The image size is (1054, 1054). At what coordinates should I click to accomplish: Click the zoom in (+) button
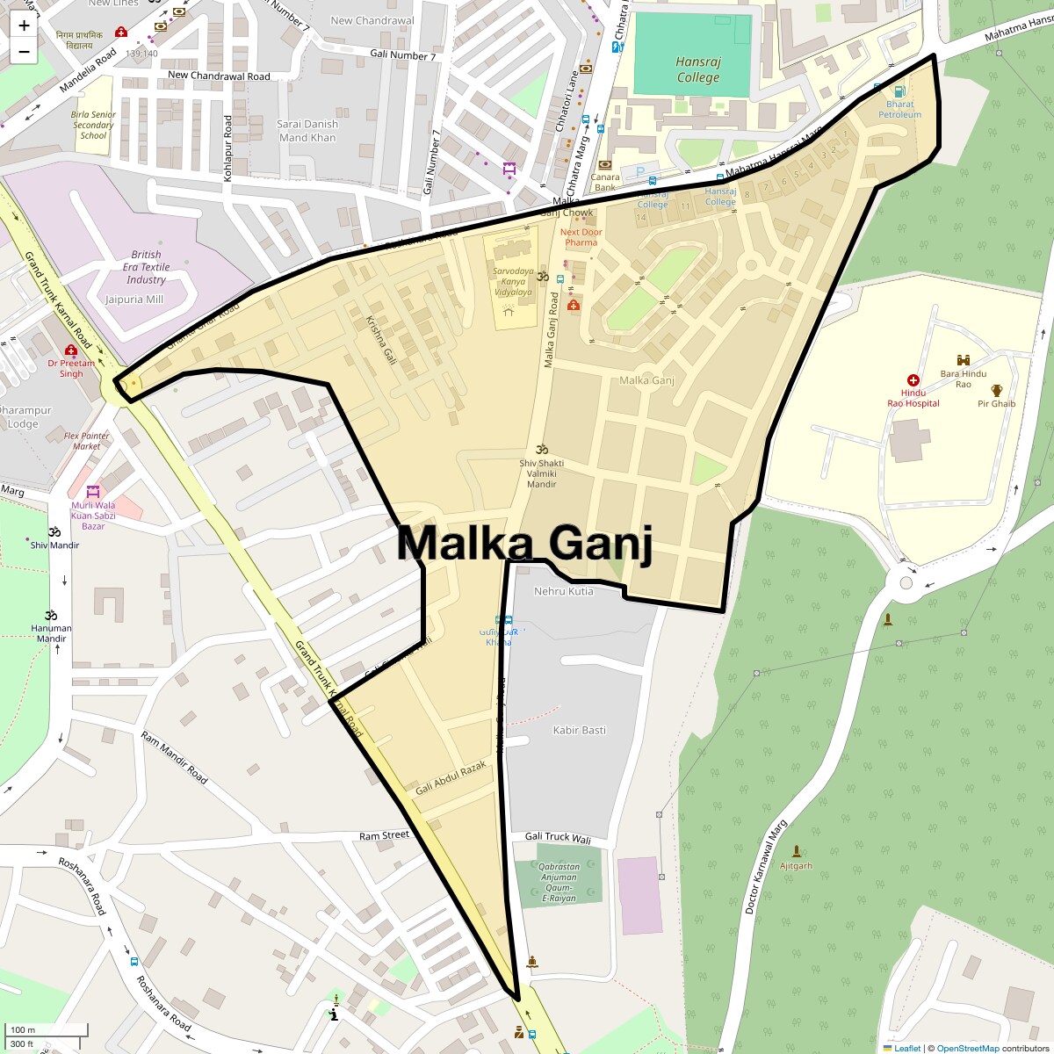(x=24, y=25)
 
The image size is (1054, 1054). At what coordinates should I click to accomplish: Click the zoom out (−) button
(x=24, y=51)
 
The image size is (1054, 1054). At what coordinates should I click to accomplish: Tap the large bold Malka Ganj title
(x=525, y=543)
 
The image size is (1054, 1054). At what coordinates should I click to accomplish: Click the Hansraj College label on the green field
(x=698, y=69)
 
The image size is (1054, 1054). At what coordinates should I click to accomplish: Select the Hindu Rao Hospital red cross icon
(x=913, y=380)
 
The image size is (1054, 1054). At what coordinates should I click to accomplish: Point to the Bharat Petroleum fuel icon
(x=899, y=91)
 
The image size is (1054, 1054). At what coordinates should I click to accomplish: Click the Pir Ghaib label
(x=997, y=404)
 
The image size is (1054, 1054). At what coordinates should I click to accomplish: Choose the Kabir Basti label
(x=579, y=730)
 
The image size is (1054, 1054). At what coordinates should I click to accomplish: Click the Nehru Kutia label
(x=564, y=591)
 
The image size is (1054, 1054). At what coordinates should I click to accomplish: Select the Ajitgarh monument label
(x=797, y=865)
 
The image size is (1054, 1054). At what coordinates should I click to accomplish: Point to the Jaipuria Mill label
(x=134, y=299)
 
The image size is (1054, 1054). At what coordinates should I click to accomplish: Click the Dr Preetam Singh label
(x=71, y=368)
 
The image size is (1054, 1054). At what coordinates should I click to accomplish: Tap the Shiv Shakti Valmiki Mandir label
(x=541, y=473)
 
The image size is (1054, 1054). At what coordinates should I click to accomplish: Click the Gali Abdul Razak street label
(x=451, y=777)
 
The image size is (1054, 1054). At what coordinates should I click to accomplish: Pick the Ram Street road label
(x=384, y=835)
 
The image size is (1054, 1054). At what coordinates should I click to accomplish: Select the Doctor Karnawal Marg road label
(x=766, y=868)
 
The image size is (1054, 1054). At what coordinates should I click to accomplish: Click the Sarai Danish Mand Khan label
(x=307, y=131)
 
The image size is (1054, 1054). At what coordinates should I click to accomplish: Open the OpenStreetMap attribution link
(x=967, y=1048)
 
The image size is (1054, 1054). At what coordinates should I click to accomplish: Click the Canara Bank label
(x=605, y=182)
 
